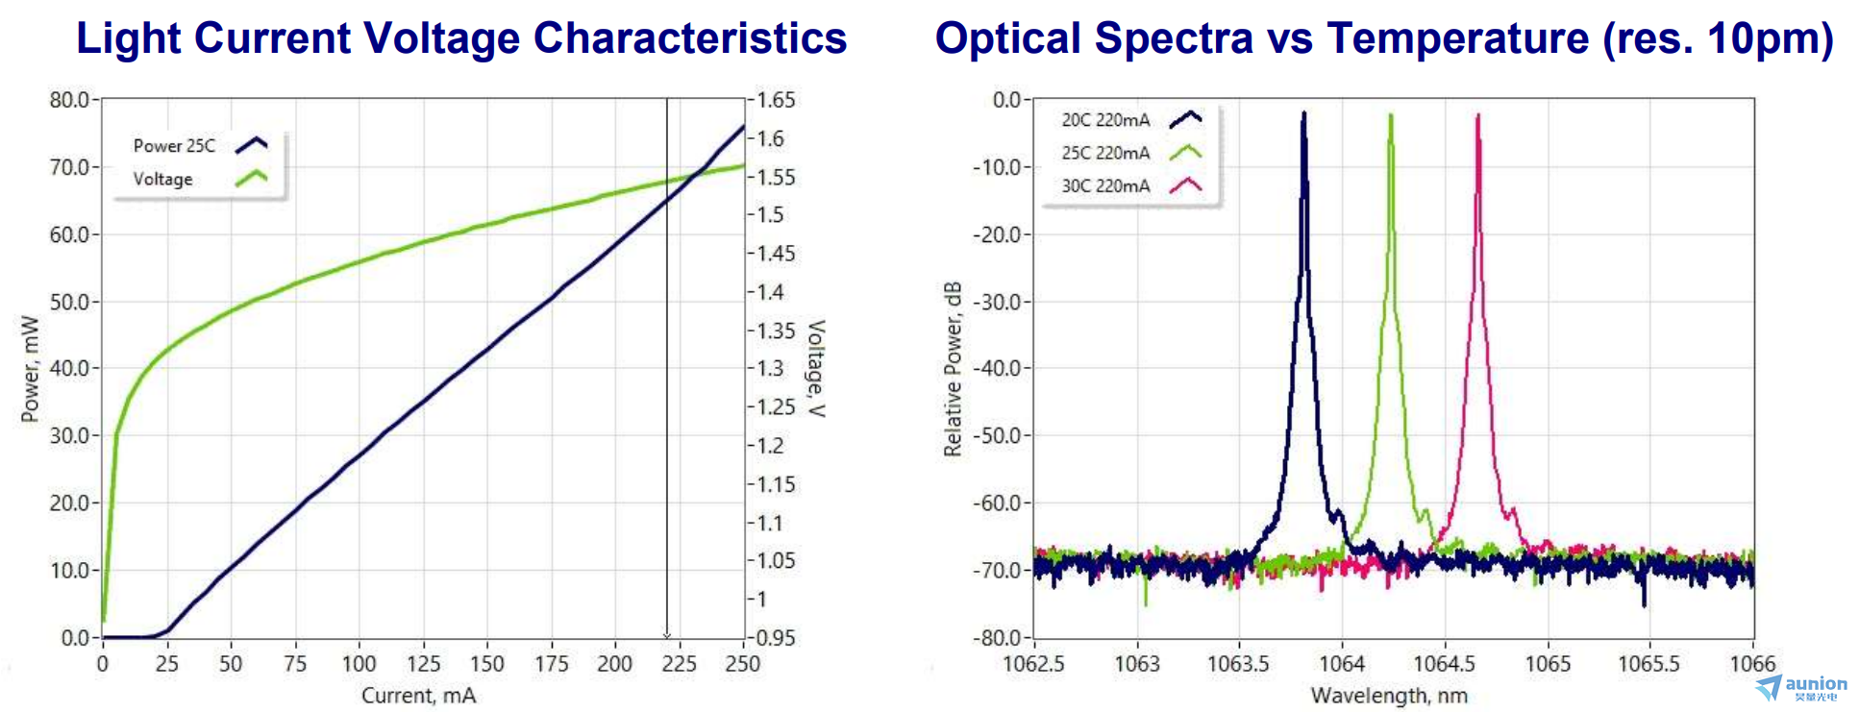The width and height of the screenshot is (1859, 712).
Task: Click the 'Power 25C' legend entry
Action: tap(174, 146)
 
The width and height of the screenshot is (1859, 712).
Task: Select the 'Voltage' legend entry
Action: tap(162, 179)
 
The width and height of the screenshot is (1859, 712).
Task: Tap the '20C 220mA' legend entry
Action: tap(1105, 120)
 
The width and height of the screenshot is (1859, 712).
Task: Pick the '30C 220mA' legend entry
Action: tap(1105, 186)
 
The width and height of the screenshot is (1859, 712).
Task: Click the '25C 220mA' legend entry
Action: tap(1105, 153)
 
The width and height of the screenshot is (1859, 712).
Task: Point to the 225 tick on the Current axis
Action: tap(679, 664)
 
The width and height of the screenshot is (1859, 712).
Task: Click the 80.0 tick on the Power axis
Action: tap(68, 100)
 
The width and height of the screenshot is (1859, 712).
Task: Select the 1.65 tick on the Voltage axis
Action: tap(777, 100)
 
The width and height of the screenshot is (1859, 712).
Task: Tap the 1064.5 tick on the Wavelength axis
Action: tap(1444, 664)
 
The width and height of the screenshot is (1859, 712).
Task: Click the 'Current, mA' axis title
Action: tap(418, 696)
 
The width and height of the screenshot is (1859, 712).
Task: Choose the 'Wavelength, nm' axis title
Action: tap(1389, 696)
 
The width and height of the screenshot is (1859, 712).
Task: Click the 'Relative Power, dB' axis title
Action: tap(953, 369)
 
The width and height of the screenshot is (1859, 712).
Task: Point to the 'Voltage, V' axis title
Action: tap(815, 369)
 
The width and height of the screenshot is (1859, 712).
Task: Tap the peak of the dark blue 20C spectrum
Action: tap(1304, 113)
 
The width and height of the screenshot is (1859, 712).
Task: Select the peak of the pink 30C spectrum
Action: tap(1478, 115)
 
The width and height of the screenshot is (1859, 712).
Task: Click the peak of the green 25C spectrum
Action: tap(1390, 115)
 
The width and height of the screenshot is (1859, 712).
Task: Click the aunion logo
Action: tap(1802, 687)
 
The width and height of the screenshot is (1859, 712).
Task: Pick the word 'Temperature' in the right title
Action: tap(1457, 38)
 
